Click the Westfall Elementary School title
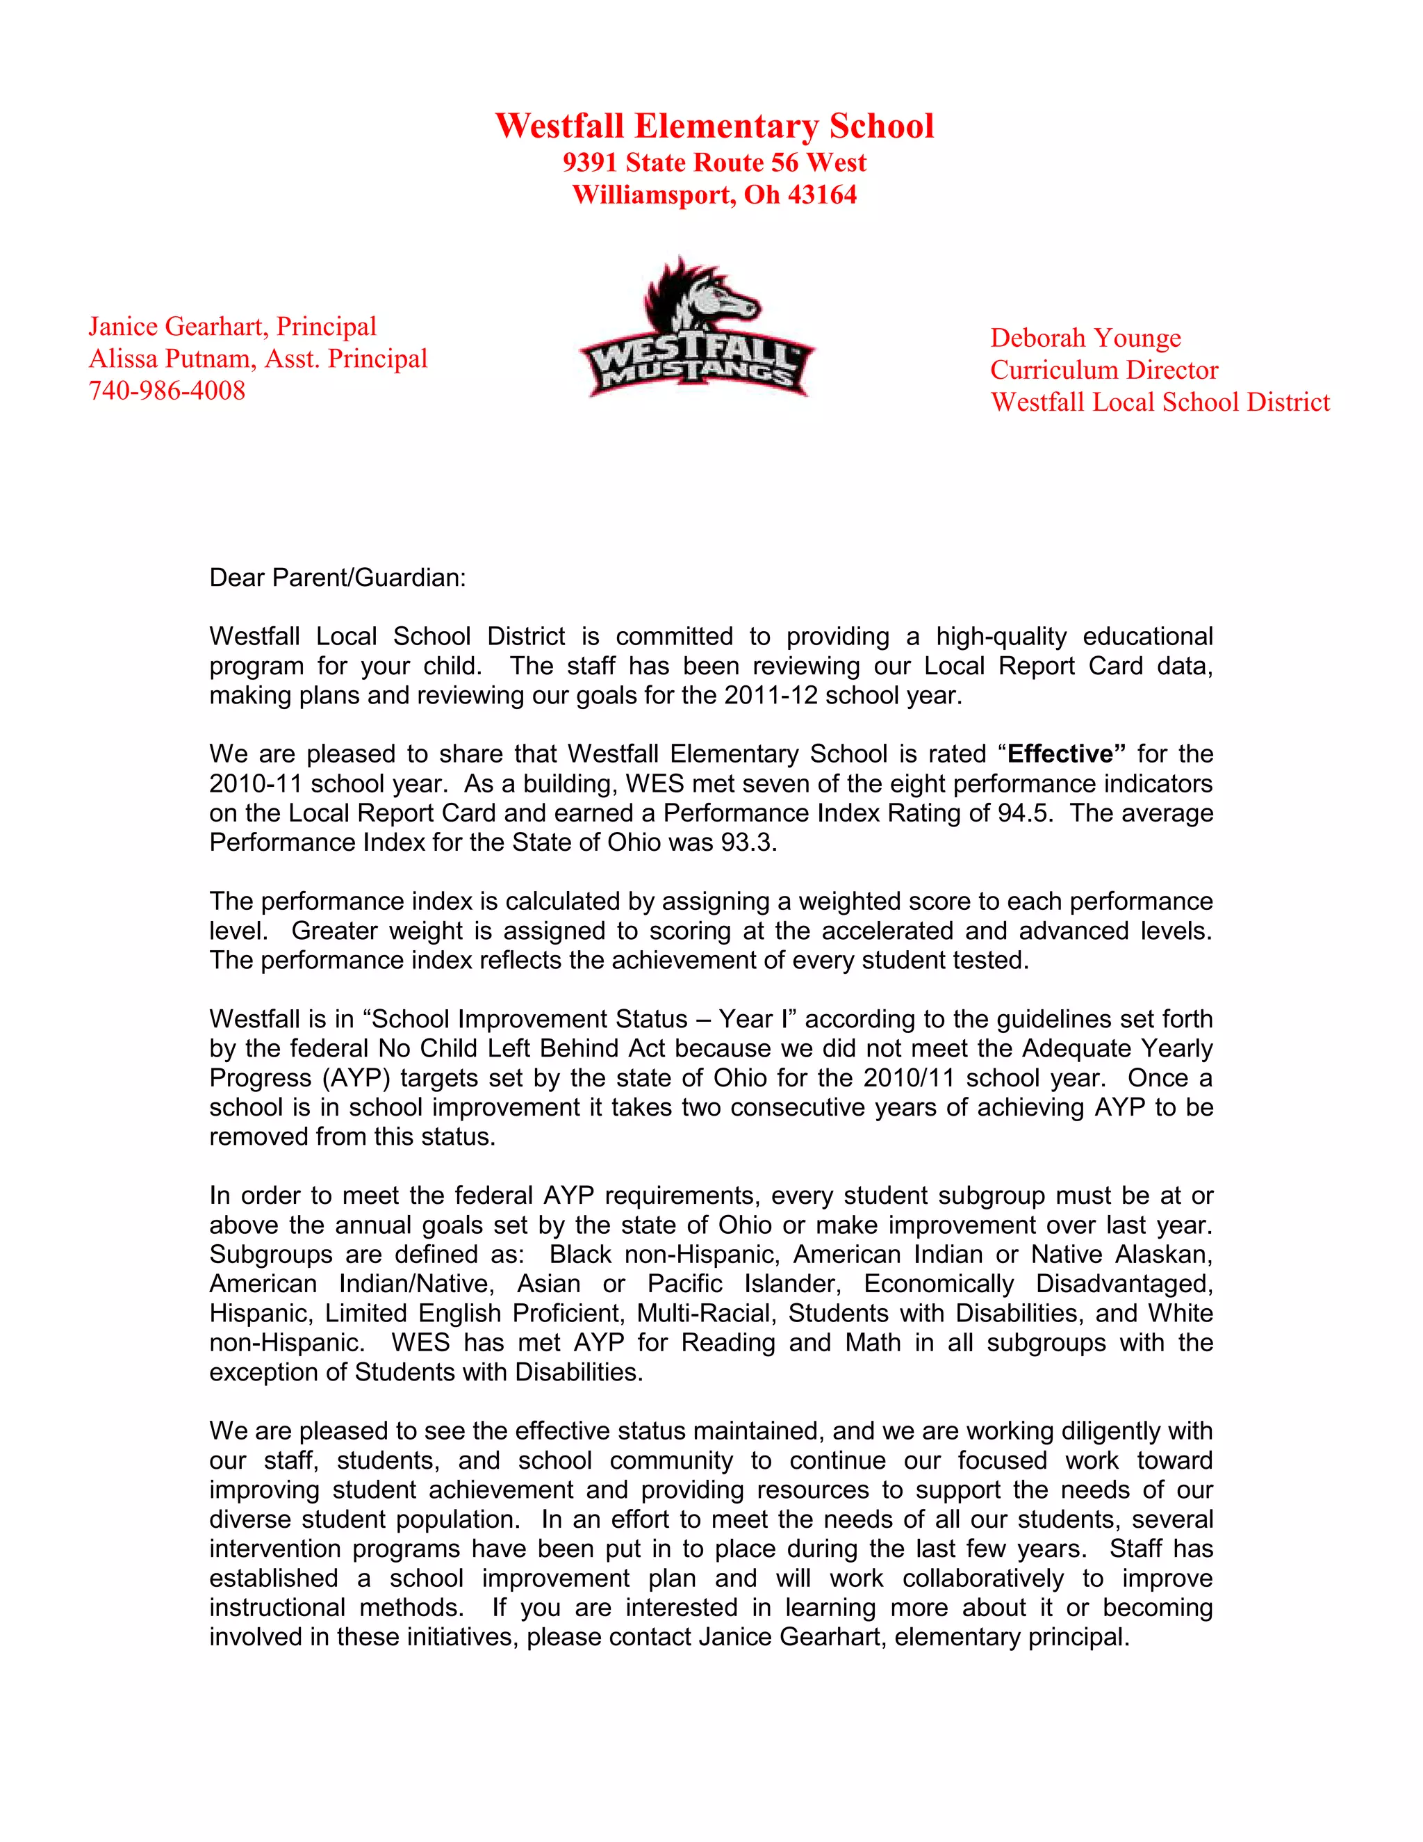tap(714, 127)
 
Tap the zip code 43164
tap(822, 195)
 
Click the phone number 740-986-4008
tap(167, 391)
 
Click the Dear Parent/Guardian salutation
tap(337, 578)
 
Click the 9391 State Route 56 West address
tap(714, 163)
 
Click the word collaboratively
tap(981, 1578)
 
